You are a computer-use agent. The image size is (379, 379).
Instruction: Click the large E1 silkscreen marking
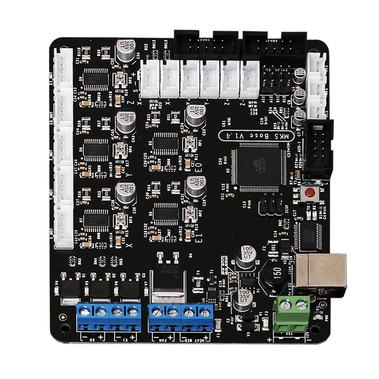(196, 238)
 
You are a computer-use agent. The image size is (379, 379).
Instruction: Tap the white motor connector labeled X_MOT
(63, 224)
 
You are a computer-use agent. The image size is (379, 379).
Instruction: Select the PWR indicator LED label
(322, 319)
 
